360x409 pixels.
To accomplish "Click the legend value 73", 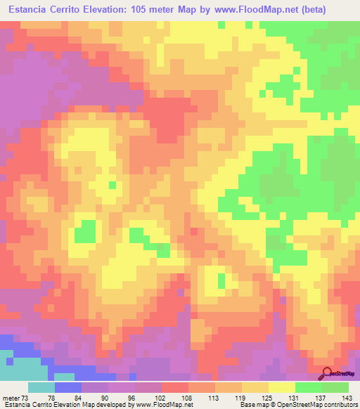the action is tap(27, 397).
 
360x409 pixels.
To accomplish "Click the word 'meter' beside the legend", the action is tap(11, 397).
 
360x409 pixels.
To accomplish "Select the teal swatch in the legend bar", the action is tap(41, 387).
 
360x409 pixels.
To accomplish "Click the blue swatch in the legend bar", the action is tap(68, 387).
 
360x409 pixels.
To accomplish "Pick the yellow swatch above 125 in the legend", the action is tap(282, 387).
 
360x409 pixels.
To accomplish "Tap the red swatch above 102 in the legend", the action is tap(175, 387).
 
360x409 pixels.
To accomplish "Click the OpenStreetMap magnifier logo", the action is tap(327, 373).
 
